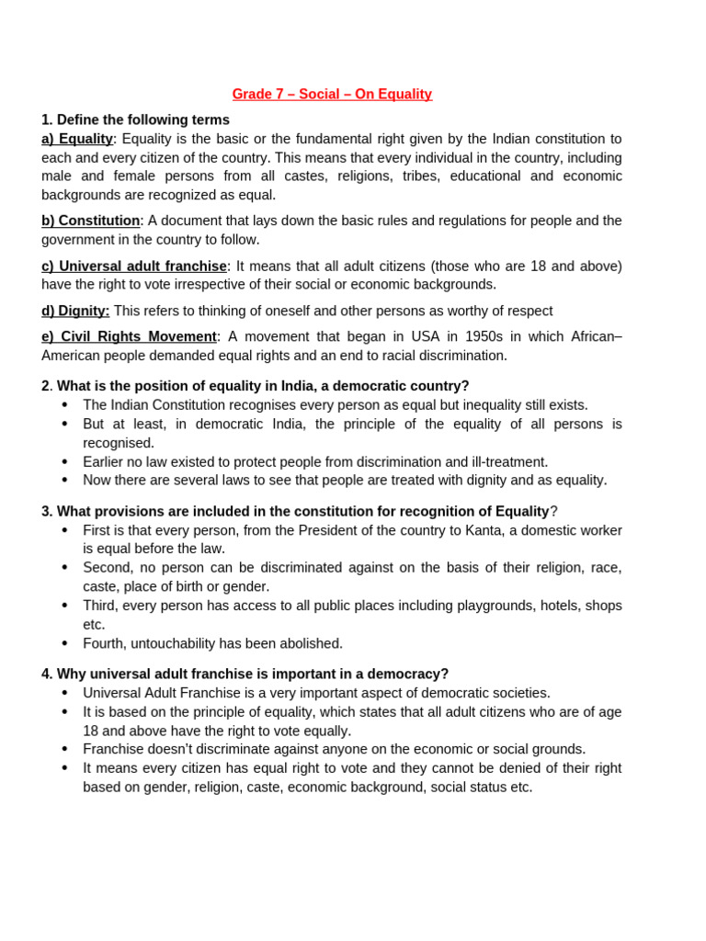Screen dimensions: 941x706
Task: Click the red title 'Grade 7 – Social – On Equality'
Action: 331,94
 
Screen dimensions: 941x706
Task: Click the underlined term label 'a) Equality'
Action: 77,139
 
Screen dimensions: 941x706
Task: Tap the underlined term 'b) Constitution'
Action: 90,221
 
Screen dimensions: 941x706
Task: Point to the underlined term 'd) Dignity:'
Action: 75,311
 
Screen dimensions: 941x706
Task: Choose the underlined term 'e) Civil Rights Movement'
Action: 129,336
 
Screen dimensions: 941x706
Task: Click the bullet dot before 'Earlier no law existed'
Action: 64,461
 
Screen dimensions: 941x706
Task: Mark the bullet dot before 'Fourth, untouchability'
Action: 64,643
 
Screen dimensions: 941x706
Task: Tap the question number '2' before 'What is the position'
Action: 45,386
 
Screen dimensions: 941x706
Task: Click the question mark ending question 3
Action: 553,512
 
